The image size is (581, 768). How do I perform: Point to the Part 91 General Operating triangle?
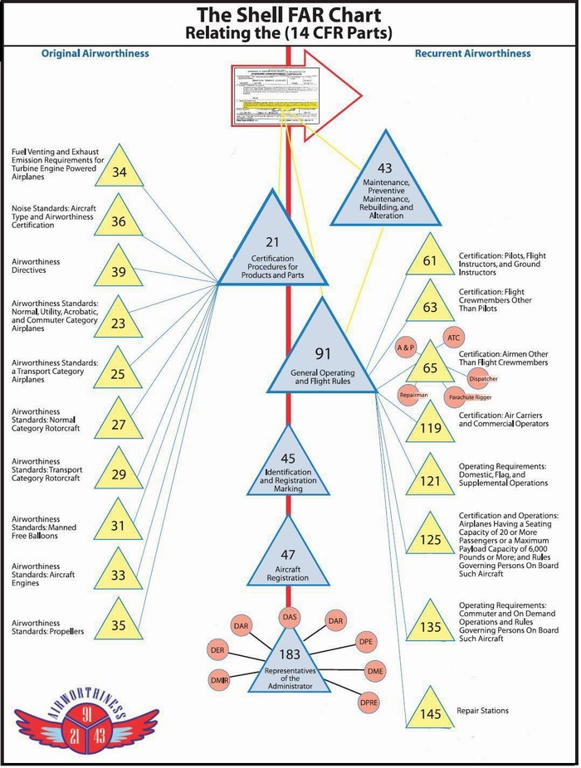pos(322,357)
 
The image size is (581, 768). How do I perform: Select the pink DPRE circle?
pos(369,702)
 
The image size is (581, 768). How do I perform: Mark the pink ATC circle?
pos(453,338)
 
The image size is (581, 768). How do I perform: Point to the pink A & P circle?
pos(405,347)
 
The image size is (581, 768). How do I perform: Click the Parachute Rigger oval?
pos(471,397)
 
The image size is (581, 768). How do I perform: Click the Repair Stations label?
pos(483,711)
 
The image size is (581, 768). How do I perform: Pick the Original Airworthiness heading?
pos(95,54)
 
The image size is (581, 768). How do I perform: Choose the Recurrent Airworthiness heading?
pos(472,54)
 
